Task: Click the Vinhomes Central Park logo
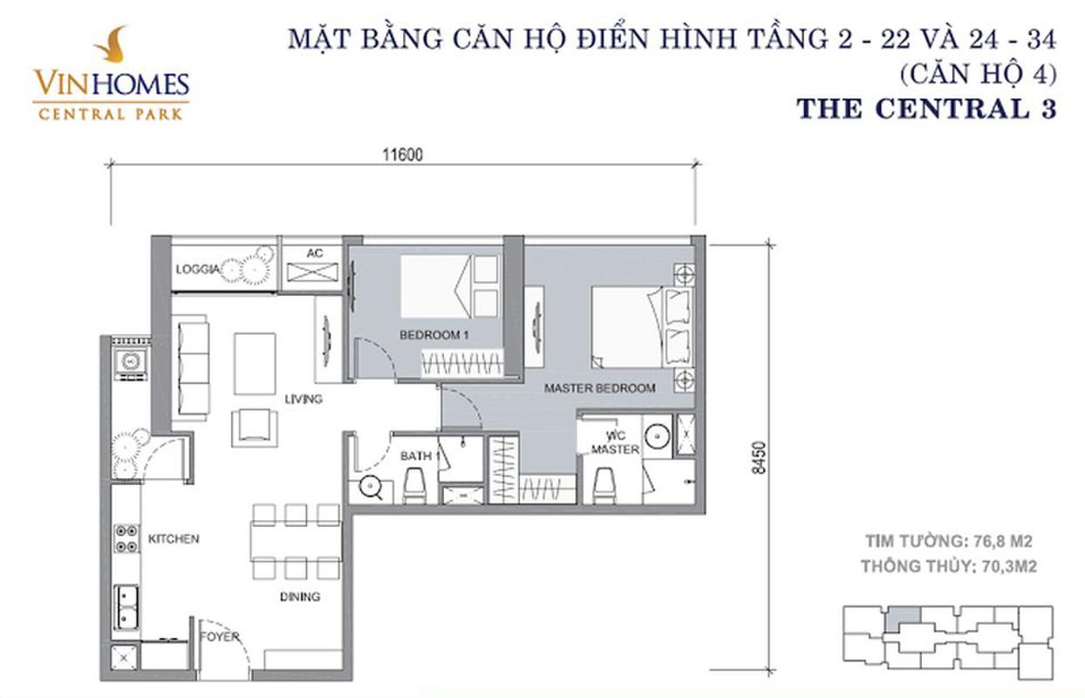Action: click(111, 73)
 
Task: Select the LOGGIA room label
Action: click(195, 270)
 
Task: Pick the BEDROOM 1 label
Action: click(434, 335)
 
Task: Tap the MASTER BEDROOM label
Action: click(599, 388)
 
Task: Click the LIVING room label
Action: click(304, 400)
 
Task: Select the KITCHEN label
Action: click(174, 538)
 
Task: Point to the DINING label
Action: click(300, 597)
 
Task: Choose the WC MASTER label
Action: click(616, 442)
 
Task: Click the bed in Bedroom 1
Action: click(448, 286)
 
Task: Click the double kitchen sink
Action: click(127, 606)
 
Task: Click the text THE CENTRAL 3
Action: click(926, 109)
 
